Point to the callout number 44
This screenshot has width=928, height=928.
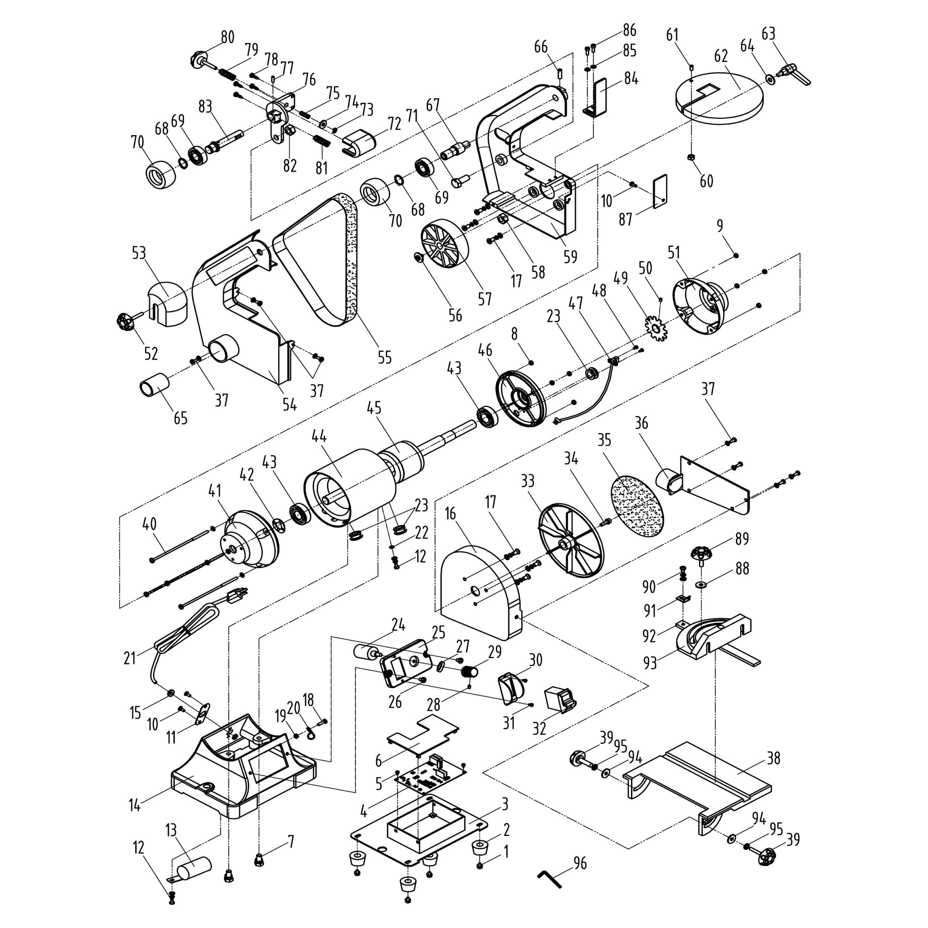click(319, 436)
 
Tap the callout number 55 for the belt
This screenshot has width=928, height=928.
click(384, 357)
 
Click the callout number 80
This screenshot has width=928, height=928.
click(228, 37)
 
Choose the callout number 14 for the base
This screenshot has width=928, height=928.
click(134, 805)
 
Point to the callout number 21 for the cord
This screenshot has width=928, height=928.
click(130, 658)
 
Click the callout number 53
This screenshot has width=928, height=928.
click(139, 253)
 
